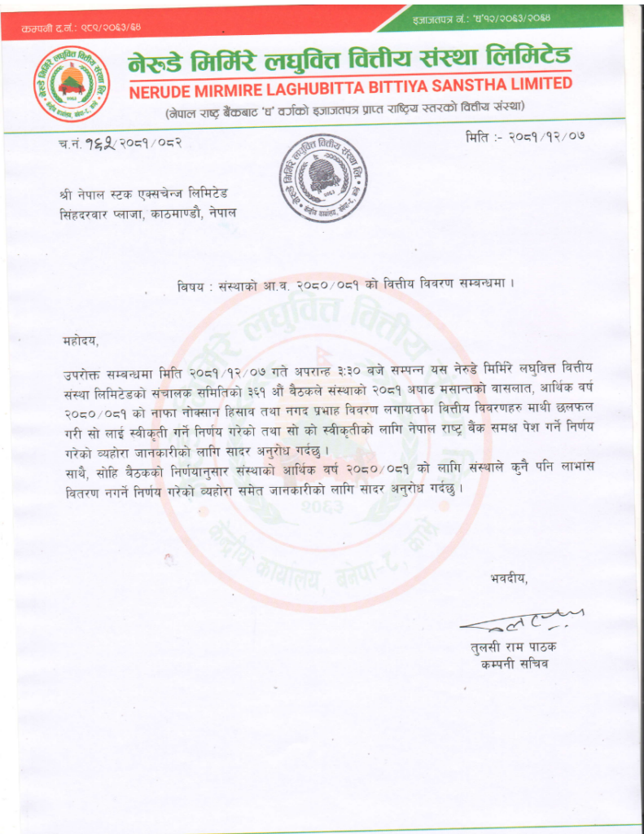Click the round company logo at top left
(67, 83)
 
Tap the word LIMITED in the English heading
(537, 85)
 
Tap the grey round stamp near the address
(323, 177)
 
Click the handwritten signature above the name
(522, 621)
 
